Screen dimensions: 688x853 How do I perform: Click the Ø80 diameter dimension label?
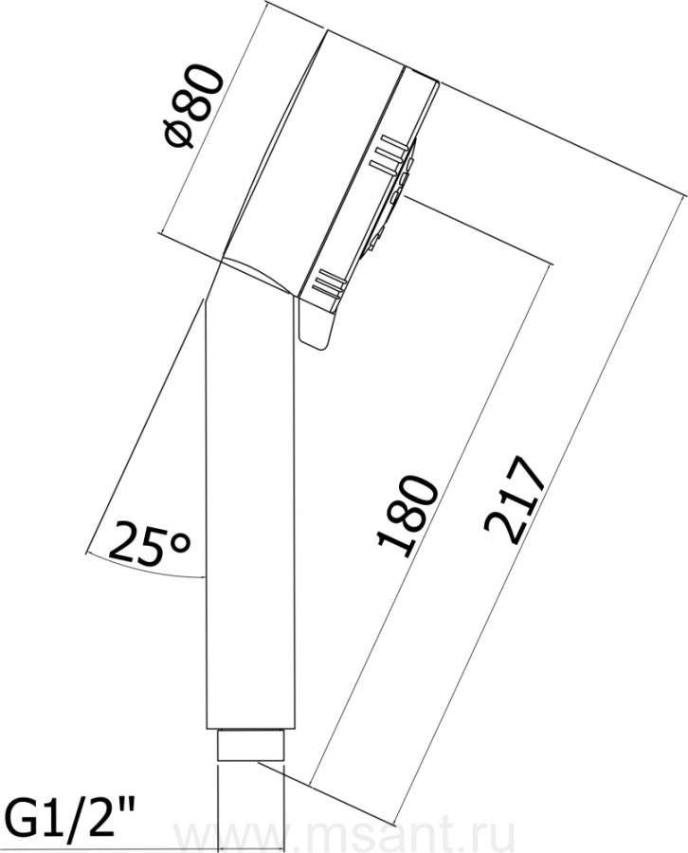coord(194,105)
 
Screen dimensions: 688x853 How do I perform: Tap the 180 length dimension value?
coord(407,517)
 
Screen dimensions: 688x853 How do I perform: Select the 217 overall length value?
coord(513,499)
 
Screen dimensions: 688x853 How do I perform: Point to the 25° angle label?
coord(150,542)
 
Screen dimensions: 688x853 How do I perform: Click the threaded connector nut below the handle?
coord(250,745)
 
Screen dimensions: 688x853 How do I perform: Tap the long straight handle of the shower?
coord(250,506)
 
